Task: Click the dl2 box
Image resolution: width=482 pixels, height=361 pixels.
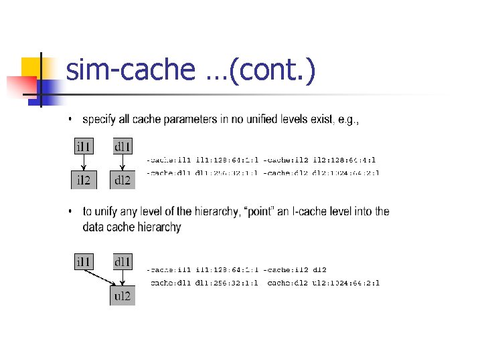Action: pyautogui.click(x=123, y=179)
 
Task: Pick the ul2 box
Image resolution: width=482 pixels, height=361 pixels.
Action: pyautogui.click(x=123, y=295)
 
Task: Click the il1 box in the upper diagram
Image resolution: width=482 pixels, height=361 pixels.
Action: pyautogui.click(x=84, y=145)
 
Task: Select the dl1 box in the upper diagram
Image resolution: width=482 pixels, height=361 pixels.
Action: pyautogui.click(x=123, y=145)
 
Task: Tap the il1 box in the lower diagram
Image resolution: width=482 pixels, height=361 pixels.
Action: pyautogui.click(x=84, y=261)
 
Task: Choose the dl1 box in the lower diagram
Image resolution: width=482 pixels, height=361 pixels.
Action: pyautogui.click(x=123, y=261)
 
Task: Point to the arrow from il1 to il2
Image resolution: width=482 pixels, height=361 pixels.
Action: pyautogui.click(x=84, y=162)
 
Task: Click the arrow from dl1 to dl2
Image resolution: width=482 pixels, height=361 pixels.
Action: pyautogui.click(x=123, y=162)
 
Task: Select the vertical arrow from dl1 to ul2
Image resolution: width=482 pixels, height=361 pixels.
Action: pyautogui.click(x=123, y=278)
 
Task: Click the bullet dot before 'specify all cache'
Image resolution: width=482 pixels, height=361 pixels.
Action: pyautogui.click(x=72, y=120)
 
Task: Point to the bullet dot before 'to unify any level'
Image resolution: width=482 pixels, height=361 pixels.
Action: pyautogui.click(x=72, y=212)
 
